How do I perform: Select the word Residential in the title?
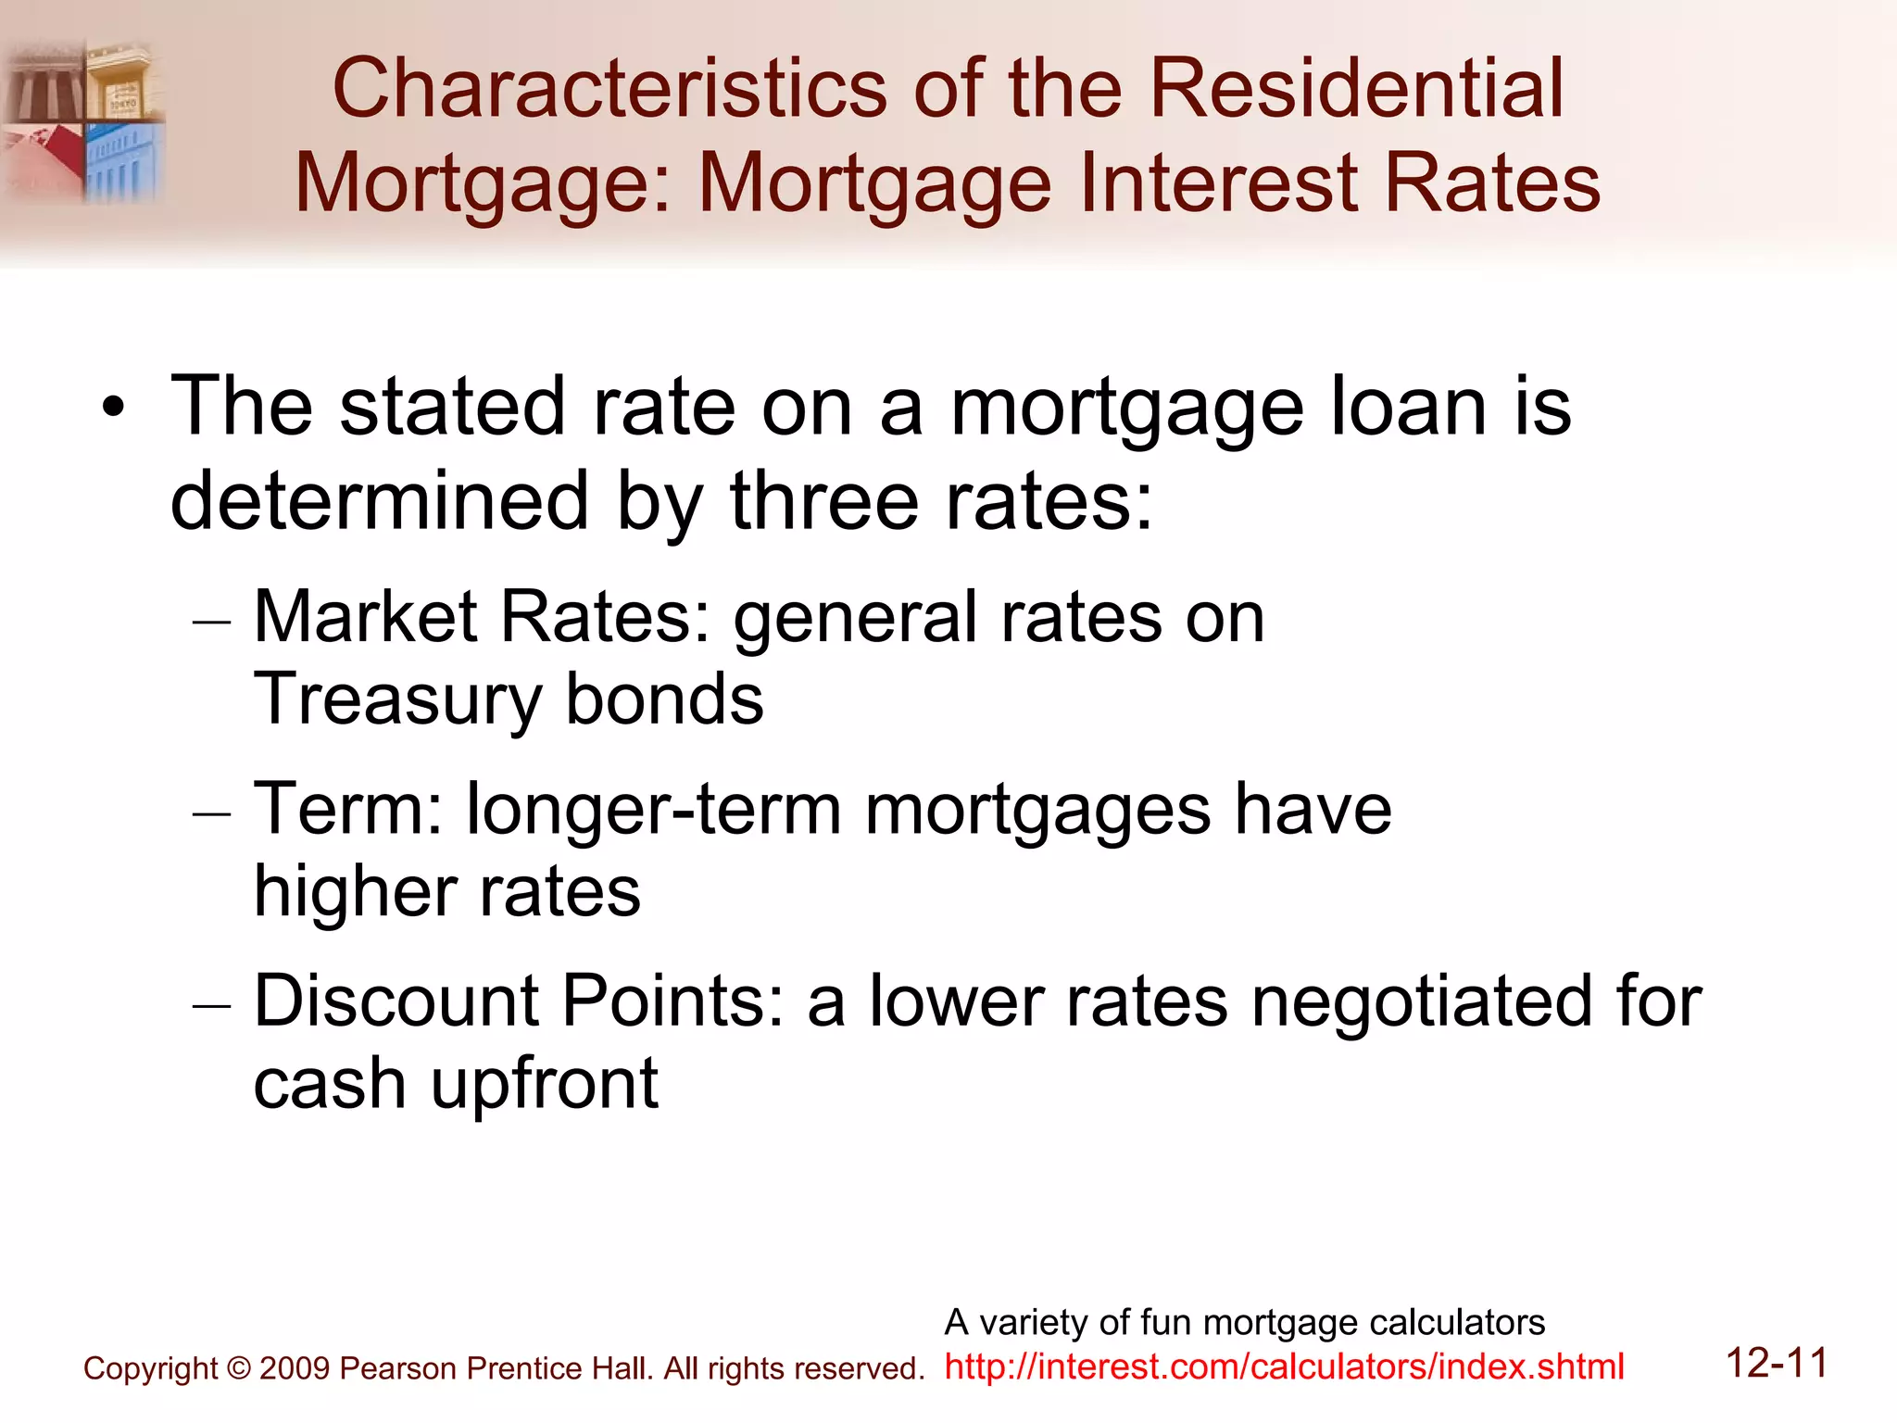point(1356,89)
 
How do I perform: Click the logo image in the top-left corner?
point(84,120)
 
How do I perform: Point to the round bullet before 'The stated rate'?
point(113,409)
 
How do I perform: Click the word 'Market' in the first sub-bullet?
point(367,617)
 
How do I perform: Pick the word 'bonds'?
point(664,699)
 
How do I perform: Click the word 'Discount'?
point(397,1001)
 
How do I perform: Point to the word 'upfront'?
point(545,1084)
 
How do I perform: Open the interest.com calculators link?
point(1284,1367)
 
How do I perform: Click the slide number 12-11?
point(1777,1364)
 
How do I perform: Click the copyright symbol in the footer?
point(239,1369)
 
